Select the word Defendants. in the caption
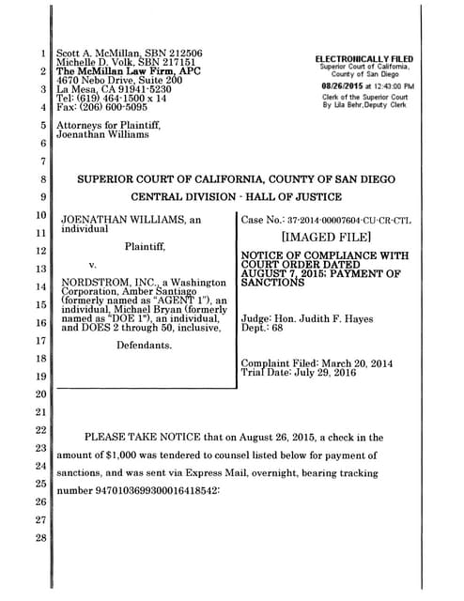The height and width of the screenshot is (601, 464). coord(146,347)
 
